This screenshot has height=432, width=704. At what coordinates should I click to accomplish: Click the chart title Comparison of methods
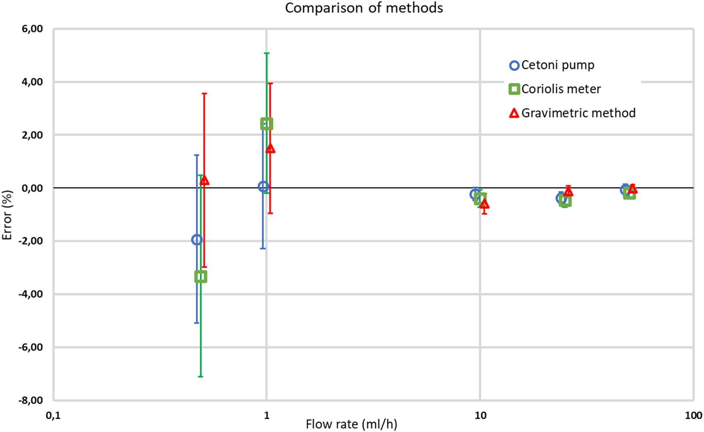pyautogui.click(x=364, y=8)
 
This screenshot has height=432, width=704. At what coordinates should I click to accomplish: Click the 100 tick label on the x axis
pyautogui.click(x=693, y=415)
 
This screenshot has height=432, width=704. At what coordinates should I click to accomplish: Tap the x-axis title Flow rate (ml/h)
pyautogui.click(x=351, y=424)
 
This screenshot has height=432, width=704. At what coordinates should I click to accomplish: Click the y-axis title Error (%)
pyautogui.click(x=7, y=215)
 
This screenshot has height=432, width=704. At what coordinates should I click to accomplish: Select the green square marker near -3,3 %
pyautogui.click(x=201, y=276)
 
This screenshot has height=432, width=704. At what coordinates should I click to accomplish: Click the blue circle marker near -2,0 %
pyautogui.click(x=197, y=240)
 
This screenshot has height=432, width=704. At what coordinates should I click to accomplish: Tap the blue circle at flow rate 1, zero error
pyautogui.click(x=263, y=186)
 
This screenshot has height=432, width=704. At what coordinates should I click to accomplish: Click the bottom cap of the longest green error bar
pyautogui.click(x=201, y=376)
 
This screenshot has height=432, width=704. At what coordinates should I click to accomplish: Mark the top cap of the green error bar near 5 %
pyautogui.click(x=266, y=53)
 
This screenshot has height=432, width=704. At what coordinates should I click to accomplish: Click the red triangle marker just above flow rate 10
pyautogui.click(x=484, y=204)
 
